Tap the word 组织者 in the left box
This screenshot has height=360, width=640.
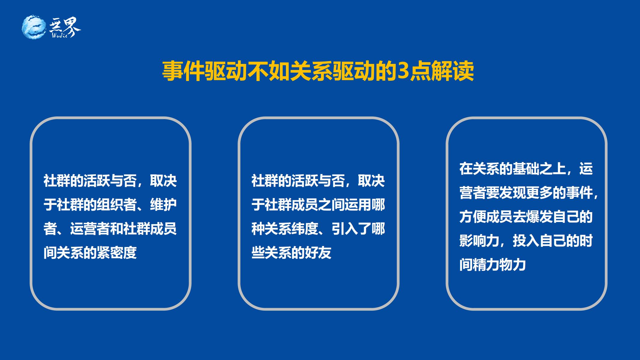(x=116, y=205)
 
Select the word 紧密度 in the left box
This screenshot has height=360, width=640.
(x=116, y=253)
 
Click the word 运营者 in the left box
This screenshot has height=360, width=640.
(x=90, y=229)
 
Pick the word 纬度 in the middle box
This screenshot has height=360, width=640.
(x=305, y=229)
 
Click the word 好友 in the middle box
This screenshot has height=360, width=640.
(x=318, y=253)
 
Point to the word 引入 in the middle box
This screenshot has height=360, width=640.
(x=345, y=229)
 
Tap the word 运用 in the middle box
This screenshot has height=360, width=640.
(x=358, y=205)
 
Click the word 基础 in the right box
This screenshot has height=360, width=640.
(x=526, y=169)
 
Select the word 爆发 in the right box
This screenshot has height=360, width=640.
(x=539, y=217)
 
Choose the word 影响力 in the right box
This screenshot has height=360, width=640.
(x=479, y=241)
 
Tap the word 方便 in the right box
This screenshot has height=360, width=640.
(x=473, y=217)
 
